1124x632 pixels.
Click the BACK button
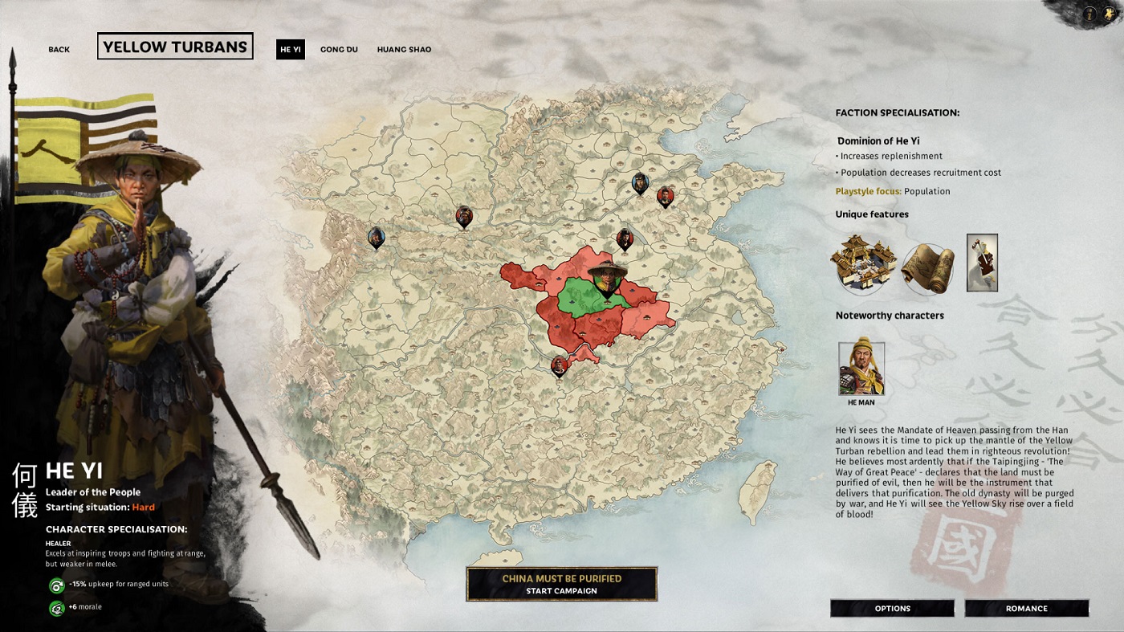59,50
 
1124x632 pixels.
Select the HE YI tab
290,50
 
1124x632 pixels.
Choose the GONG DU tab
339,50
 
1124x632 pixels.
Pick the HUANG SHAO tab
404,50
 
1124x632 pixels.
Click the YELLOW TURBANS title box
175,47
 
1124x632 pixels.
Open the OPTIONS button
892,608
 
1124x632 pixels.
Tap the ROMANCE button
1026,608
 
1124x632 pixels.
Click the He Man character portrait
861,369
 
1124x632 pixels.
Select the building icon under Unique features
863,263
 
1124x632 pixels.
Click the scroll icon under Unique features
928,267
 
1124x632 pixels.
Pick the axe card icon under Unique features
982,263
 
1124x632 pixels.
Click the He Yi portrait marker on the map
607,277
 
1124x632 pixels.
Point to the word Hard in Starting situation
143,508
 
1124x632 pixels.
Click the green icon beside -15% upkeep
56,585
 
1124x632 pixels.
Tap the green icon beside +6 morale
56,608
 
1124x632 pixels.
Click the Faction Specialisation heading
897,113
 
